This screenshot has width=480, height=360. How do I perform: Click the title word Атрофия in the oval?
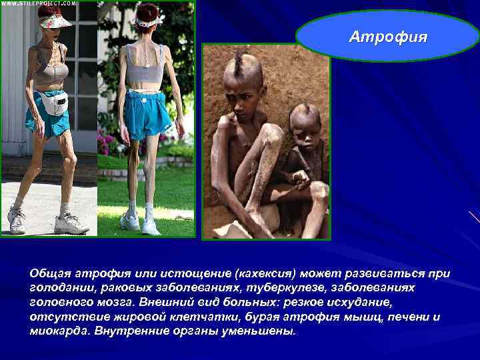click(x=388, y=36)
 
